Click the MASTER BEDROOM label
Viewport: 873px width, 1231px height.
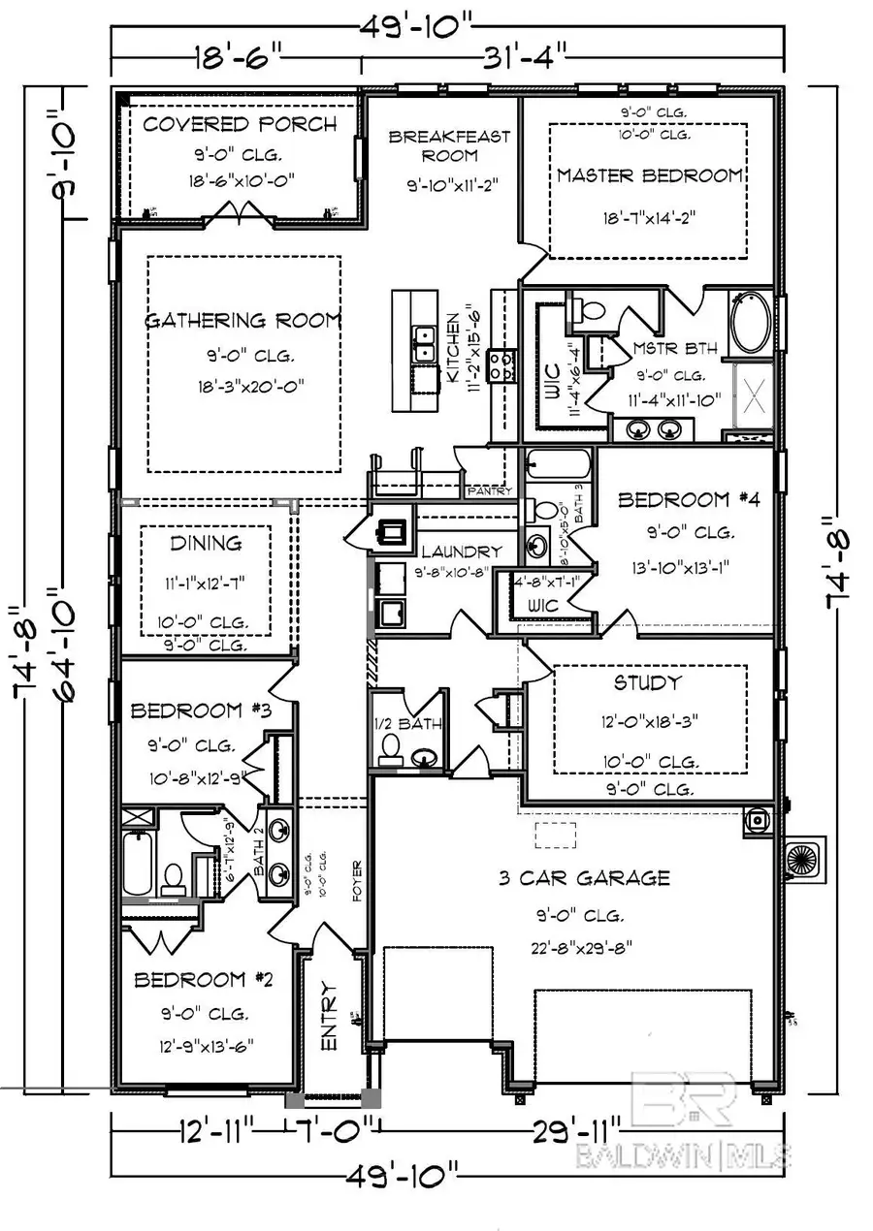point(650,175)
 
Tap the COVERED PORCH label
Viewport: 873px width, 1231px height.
point(240,124)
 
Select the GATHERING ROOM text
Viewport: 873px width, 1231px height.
point(243,321)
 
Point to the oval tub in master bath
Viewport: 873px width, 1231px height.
point(751,324)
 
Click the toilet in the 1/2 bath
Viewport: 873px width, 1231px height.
point(391,748)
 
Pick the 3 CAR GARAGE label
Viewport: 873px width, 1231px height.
point(584,878)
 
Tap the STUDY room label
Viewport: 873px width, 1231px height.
point(647,683)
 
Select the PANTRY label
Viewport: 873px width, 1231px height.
point(489,491)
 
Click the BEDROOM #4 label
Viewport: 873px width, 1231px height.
point(687,500)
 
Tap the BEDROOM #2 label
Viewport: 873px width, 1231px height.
point(203,980)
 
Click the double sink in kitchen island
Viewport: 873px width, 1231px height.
point(424,344)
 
